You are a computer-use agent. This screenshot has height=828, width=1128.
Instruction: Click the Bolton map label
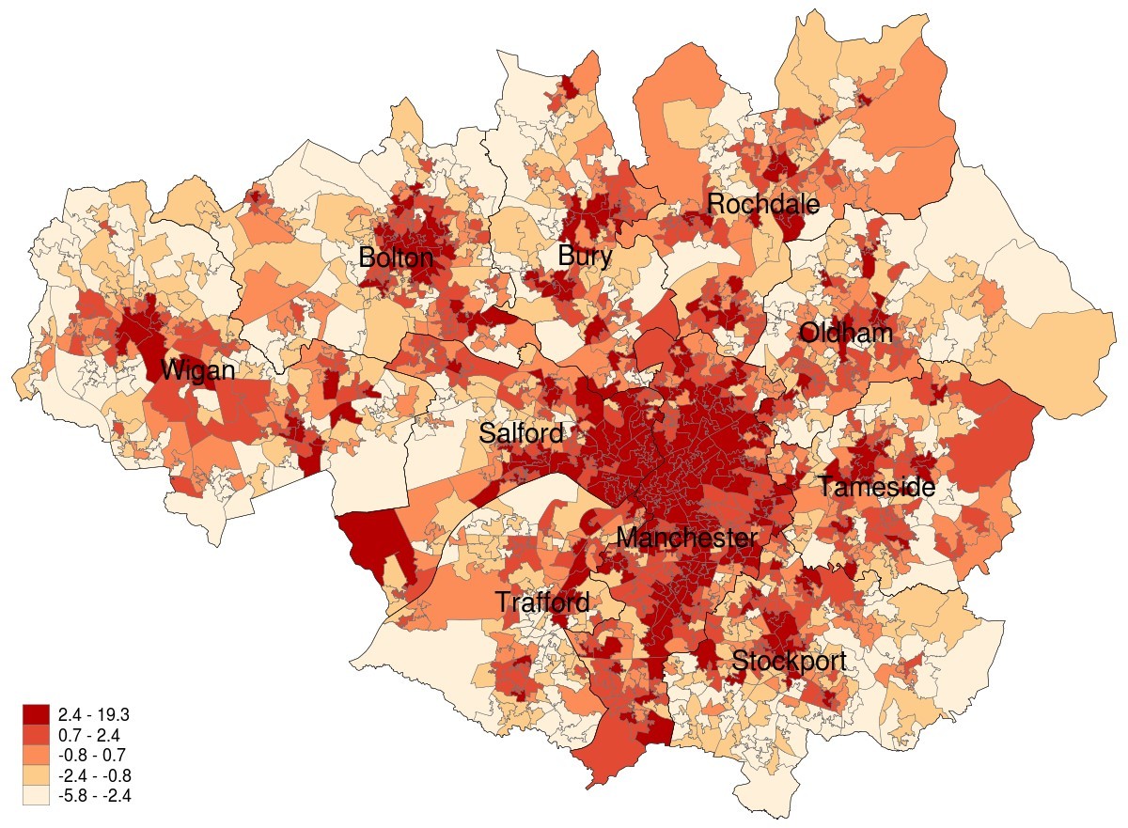pos(395,258)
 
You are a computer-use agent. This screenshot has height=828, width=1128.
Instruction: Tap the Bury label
pos(585,256)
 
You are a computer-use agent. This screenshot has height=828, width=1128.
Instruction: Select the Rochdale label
pos(762,204)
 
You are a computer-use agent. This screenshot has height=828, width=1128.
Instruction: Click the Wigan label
pos(196,371)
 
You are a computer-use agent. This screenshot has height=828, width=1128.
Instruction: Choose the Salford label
pos(521,434)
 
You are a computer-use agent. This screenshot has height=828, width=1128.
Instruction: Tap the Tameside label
pos(875,488)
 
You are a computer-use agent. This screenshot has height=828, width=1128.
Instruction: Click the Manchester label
pos(686,539)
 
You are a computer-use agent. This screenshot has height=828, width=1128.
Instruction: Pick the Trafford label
pos(542,602)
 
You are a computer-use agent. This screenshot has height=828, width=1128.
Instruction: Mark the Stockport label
pos(789,662)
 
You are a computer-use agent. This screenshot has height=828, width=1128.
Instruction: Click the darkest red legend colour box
pos(36,715)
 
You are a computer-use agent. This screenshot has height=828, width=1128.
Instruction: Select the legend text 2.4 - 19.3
pos(93,715)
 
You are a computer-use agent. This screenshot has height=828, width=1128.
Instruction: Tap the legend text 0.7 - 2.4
pos(88,735)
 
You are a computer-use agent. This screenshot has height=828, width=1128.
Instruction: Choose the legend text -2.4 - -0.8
pos(94,775)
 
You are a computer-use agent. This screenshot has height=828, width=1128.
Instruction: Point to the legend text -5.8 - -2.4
pos(94,795)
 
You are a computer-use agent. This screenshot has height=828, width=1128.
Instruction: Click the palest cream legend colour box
pos(36,795)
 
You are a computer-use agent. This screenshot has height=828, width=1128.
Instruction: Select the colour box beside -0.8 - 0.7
pos(36,755)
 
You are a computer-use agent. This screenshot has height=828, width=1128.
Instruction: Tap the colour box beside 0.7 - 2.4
pos(36,735)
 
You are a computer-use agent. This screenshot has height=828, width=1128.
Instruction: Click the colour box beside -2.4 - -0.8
pos(36,775)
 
